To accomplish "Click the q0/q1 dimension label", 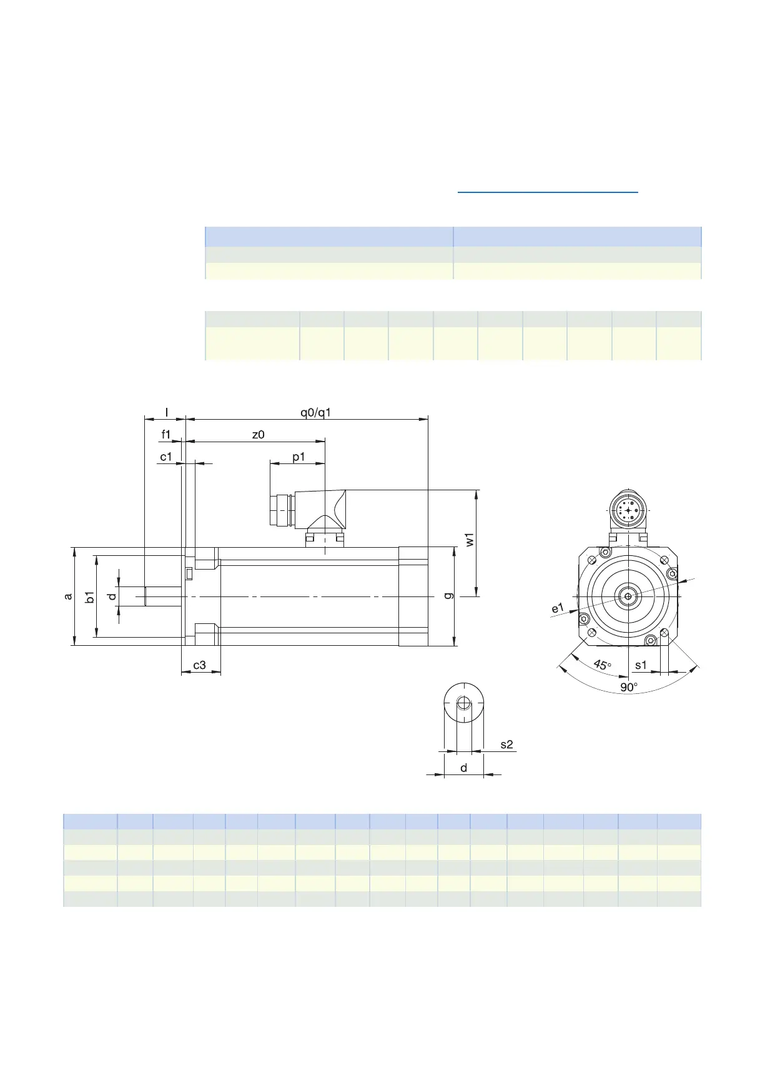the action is coord(315,412).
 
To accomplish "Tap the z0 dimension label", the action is coord(258,435).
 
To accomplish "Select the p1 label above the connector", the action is coord(299,457).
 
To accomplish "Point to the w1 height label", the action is coord(470,540).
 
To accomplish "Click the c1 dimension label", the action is coord(165,457).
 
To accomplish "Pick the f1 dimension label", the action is coord(166,434).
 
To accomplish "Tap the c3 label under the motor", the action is coord(199,665).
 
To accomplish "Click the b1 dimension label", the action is coord(90,596).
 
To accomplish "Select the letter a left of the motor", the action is coord(69,596).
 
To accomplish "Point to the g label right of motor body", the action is coord(448,595).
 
